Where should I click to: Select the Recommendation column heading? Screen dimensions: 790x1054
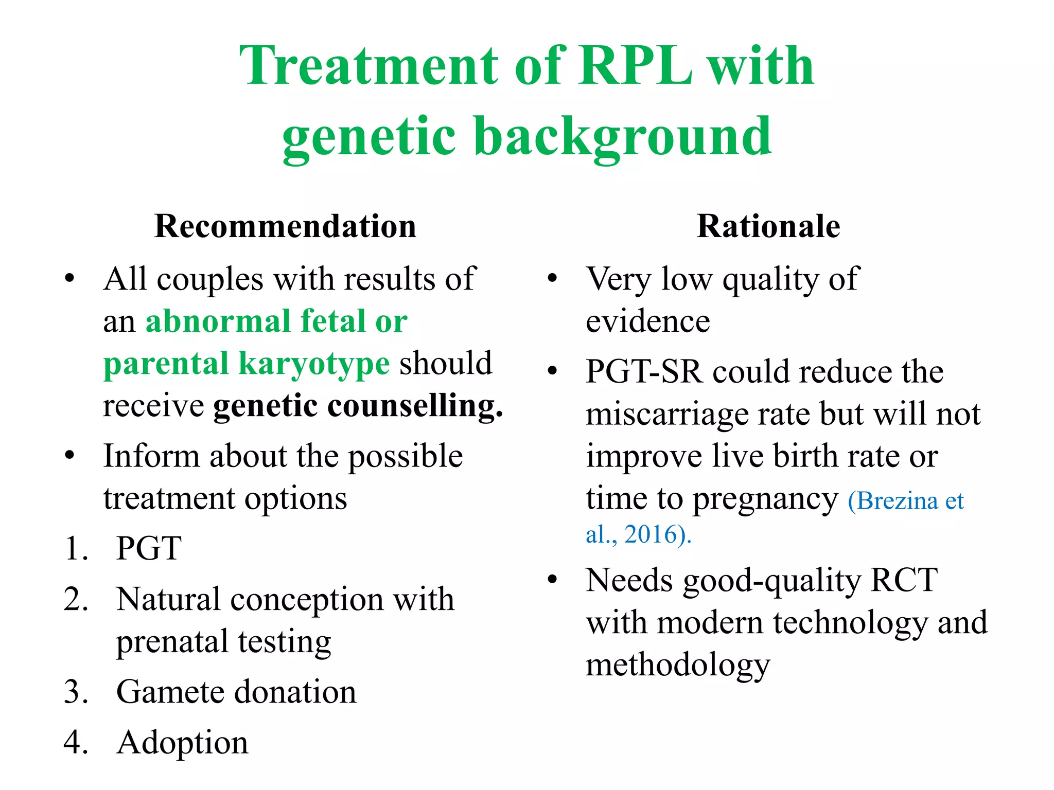pos(285,226)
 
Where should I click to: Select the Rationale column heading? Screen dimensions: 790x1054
pos(768,226)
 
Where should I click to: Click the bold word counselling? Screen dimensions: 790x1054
pos(415,405)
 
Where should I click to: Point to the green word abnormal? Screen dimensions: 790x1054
pos(218,321)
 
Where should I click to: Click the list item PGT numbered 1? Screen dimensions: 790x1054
pos(149,548)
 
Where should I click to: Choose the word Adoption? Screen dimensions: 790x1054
pos(182,743)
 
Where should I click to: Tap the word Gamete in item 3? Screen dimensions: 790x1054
pos(170,692)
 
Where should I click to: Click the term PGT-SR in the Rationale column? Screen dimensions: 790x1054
pos(644,371)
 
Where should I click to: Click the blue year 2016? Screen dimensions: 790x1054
pos(649,534)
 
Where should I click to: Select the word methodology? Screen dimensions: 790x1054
pos(678,665)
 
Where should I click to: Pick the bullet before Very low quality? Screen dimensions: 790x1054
pos(552,279)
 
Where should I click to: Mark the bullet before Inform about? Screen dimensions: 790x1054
pos(70,456)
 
